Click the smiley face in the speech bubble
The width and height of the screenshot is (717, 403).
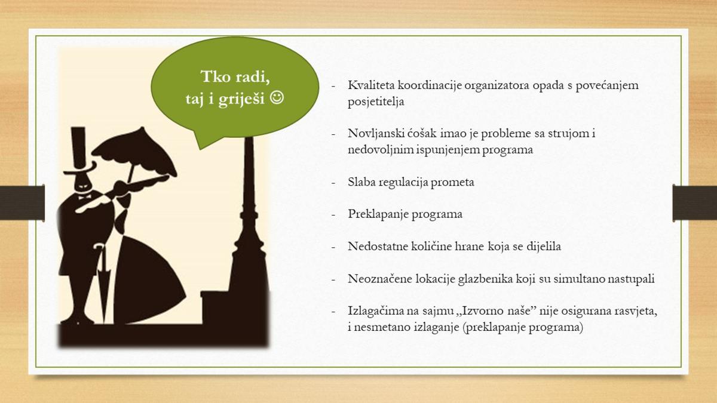277,98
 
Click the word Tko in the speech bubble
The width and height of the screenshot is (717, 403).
216,77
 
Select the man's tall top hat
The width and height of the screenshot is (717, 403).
79,150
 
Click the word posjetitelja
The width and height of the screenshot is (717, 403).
376,102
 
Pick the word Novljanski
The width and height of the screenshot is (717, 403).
376,134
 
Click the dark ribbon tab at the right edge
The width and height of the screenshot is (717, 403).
694,203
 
